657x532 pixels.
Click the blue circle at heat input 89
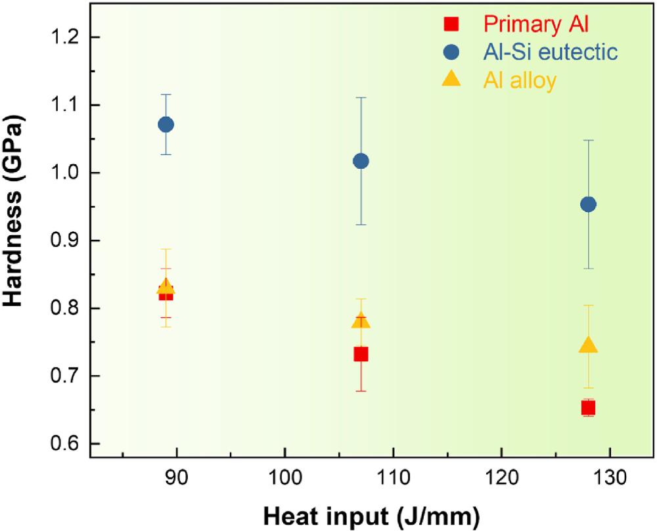pos(166,124)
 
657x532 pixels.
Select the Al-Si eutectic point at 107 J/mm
pos(361,161)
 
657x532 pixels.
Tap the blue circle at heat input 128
pos(588,204)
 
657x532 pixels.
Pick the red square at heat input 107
pos(361,354)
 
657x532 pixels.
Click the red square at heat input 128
pos(588,408)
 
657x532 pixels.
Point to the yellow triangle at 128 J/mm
pos(588,346)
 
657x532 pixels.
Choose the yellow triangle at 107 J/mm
pos(361,321)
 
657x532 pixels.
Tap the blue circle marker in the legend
pos(451,52)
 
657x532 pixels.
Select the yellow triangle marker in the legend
pos(451,79)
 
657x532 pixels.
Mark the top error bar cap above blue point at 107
pos(361,97)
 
